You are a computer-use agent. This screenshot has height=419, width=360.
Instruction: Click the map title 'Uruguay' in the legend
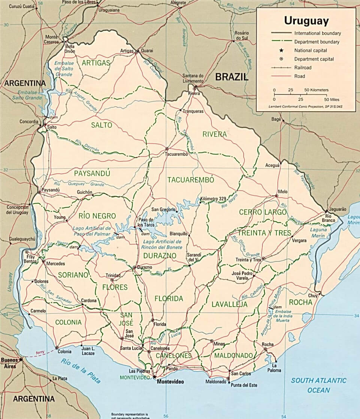[x=306, y=20]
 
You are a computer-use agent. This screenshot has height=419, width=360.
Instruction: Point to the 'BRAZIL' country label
[x=232, y=77]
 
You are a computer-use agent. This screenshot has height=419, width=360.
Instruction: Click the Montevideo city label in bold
[x=171, y=382]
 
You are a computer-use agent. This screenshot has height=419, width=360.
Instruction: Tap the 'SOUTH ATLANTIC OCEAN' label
[x=319, y=385]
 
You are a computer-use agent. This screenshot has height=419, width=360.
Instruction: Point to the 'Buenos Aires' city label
[x=10, y=363]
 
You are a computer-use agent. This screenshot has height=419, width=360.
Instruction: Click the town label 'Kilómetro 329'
[x=214, y=199]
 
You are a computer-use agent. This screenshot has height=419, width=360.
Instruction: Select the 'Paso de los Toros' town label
[x=146, y=222]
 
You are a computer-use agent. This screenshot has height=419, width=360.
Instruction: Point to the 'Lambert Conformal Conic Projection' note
[x=306, y=106]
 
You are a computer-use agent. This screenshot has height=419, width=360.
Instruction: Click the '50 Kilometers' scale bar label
[x=316, y=90]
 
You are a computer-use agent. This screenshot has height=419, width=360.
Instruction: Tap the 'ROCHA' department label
[x=300, y=302]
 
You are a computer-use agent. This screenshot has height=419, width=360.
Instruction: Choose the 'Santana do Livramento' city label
[x=193, y=78]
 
